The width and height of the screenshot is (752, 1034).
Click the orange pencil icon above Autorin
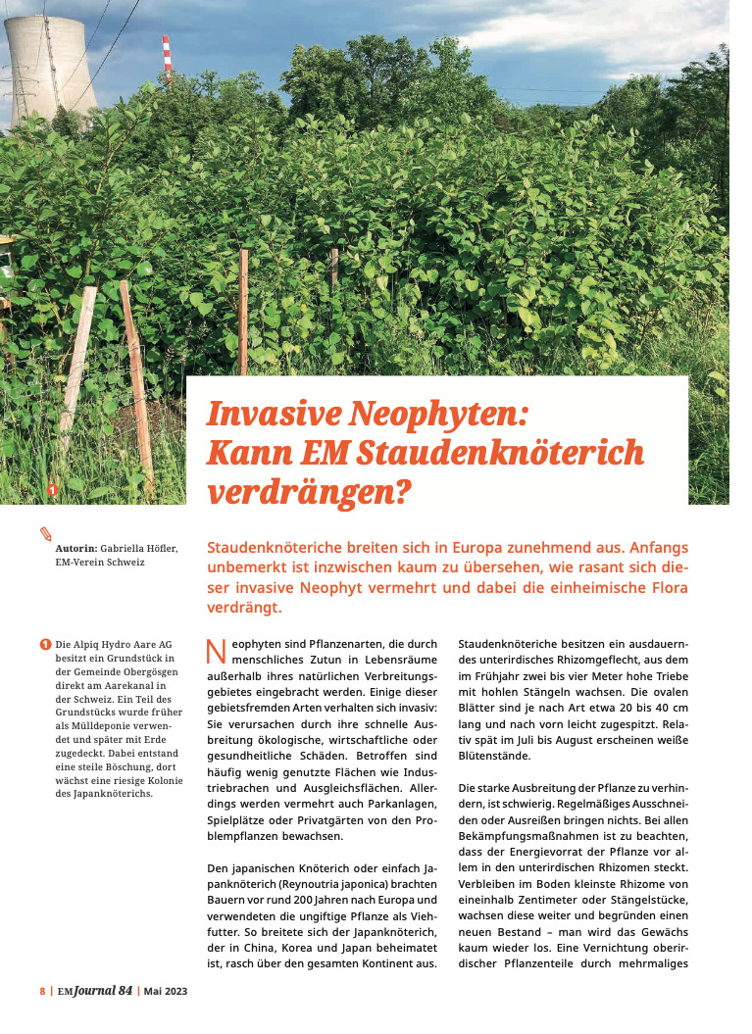tap(45, 533)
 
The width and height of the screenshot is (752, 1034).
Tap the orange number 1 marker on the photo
tap(53, 488)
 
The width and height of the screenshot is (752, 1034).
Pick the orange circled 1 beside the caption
tap(45, 644)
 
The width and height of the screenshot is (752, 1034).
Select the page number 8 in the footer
tap(42, 991)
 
